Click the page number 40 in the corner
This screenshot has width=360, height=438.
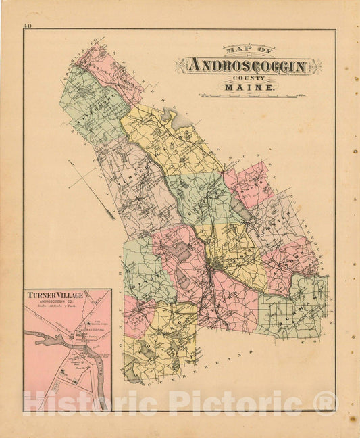pos(27,26)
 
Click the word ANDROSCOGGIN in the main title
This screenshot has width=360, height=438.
pos(248,66)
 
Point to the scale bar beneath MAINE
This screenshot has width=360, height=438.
pos(249,97)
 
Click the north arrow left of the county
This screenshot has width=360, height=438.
pos(92,190)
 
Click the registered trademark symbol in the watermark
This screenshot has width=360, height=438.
pos(325,403)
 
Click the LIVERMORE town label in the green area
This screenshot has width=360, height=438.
pos(95,108)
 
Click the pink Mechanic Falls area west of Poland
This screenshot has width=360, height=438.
pos(135,314)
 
